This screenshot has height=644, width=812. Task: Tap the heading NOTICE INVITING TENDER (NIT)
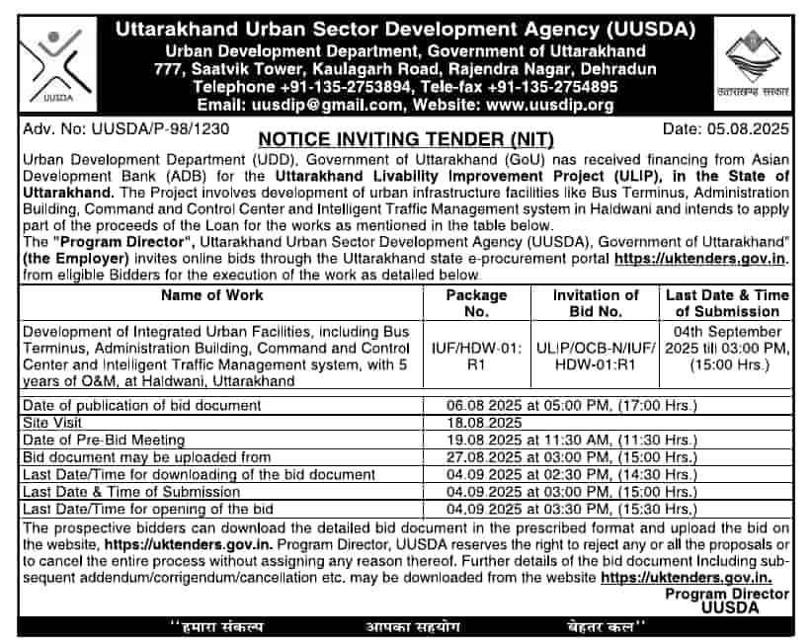(405, 139)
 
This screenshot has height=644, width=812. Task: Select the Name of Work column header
(212, 295)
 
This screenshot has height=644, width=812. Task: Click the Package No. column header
(476, 303)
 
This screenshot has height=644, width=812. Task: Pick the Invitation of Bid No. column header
(596, 303)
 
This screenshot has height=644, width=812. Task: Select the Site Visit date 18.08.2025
(479, 421)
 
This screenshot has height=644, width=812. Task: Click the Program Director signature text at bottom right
(727, 602)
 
